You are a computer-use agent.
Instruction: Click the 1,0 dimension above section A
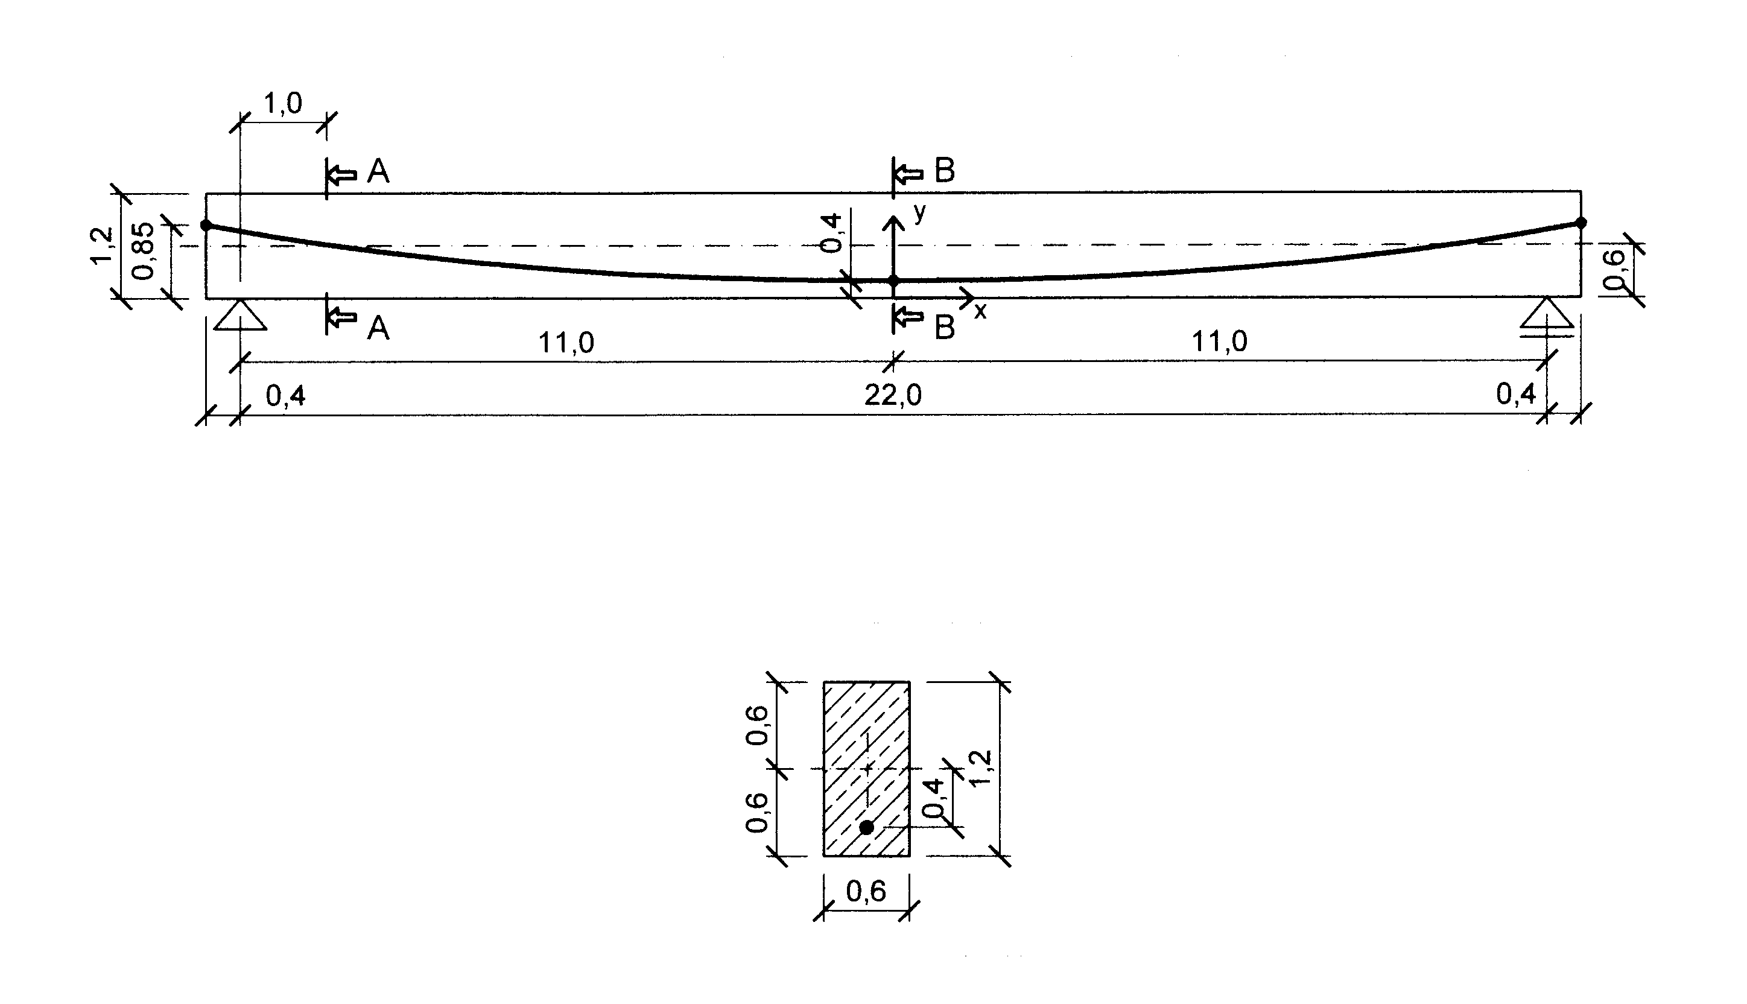pyautogui.click(x=283, y=103)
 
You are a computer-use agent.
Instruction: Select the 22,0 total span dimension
pyautogui.click(x=893, y=396)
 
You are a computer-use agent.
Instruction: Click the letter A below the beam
pyautogui.click(x=378, y=328)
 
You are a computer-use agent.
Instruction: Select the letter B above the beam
pyautogui.click(x=945, y=171)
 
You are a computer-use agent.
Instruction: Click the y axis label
pyautogui.click(x=921, y=213)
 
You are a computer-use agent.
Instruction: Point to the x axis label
pyautogui.click(x=980, y=312)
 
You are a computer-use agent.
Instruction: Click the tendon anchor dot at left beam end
pyautogui.click(x=206, y=225)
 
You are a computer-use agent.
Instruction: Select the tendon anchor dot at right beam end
pyautogui.click(x=1581, y=223)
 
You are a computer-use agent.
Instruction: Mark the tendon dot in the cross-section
pyautogui.click(x=867, y=827)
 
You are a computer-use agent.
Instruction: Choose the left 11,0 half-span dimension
pyautogui.click(x=565, y=342)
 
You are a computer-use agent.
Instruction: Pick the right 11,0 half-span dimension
pyautogui.click(x=1220, y=342)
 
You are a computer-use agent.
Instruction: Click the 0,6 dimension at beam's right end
pyautogui.click(x=1614, y=269)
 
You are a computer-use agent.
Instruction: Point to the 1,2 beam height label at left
pyautogui.click(x=102, y=246)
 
